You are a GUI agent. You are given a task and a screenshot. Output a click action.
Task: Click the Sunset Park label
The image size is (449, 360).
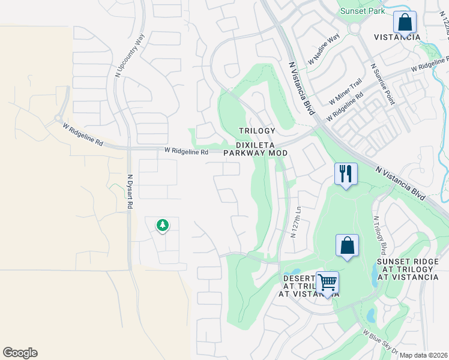click(362, 11)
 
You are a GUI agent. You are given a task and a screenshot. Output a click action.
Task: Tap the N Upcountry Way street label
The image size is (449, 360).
click(122, 56)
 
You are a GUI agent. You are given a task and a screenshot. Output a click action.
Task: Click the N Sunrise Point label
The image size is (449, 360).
click(382, 84)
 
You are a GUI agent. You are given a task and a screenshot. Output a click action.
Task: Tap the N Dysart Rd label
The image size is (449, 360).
click(130, 191)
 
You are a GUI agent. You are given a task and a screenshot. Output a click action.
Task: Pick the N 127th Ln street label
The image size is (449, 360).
click(295, 222)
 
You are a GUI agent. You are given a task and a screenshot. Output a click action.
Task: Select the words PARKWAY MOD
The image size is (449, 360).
click(255, 153)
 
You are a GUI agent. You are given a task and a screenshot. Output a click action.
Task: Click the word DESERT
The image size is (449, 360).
click(299, 278)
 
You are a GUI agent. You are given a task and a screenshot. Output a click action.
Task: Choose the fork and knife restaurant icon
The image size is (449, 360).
click(346, 175)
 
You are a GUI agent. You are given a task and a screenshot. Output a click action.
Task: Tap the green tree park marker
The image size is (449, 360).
click(162, 226)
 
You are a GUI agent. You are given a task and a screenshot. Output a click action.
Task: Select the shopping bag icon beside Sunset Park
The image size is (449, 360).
click(405, 22)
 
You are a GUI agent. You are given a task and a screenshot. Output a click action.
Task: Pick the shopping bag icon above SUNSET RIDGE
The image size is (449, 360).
click(347, 245)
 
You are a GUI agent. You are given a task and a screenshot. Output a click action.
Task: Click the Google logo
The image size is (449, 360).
click(20, 353)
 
